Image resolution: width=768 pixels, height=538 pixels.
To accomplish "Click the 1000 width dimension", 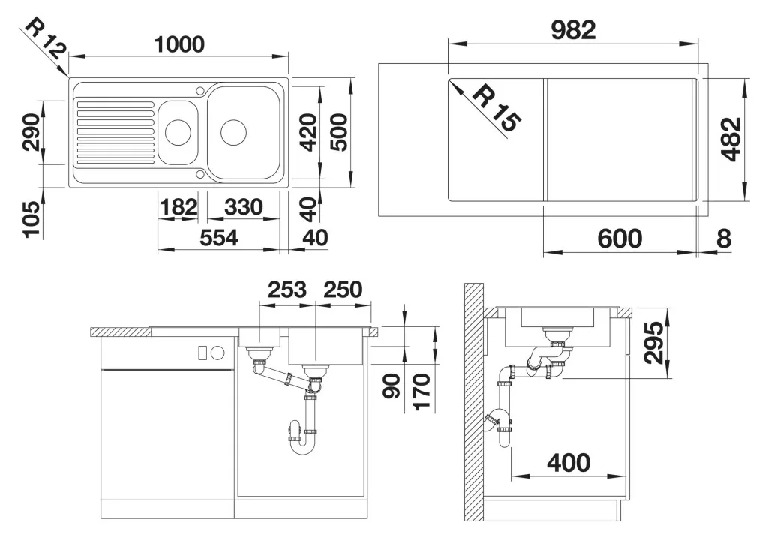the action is [179, 44].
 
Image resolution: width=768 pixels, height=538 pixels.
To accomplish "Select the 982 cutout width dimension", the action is [573, 30].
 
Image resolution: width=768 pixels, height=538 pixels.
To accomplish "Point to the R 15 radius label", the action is [498, 109].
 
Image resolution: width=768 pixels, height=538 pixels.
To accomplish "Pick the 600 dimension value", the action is [619, 239].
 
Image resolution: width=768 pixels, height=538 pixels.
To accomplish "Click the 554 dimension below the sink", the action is [219, 238].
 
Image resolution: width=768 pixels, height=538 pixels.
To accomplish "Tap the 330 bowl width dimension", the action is [244, 207].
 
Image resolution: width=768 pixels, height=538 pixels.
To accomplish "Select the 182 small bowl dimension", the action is [178, 207].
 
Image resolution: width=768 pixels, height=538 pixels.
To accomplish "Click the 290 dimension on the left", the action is [31, 132].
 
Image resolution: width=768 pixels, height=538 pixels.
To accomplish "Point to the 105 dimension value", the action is [31, 219].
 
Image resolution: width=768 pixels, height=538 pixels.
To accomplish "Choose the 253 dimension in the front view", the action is [287, 290].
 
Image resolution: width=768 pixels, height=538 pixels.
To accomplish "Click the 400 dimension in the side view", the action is [568, 463].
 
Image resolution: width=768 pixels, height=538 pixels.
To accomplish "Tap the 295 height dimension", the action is [654, 342].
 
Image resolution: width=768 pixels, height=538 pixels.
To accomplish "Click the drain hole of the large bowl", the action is [233, 131].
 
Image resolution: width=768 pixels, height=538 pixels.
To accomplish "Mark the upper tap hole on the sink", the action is [200, 90].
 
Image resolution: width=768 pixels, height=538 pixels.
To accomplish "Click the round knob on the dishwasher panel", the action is [217, 353].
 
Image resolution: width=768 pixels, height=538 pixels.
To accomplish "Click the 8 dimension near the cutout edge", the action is [724, 239].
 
